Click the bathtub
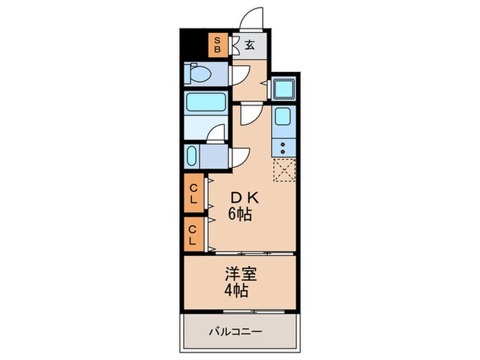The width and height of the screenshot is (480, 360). tap(206, 104)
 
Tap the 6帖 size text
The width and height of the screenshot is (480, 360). tap(239, 215)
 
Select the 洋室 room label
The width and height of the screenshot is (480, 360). tap(238, 275)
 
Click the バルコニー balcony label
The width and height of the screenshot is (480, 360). tap(235, 333)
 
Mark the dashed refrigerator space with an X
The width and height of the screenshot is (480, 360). tap(283, 169)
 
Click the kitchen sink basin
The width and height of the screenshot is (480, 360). tap(283, 117)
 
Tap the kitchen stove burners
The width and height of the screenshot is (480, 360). tap(283, 146)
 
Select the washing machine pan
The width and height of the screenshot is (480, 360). tap(283, 88)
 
